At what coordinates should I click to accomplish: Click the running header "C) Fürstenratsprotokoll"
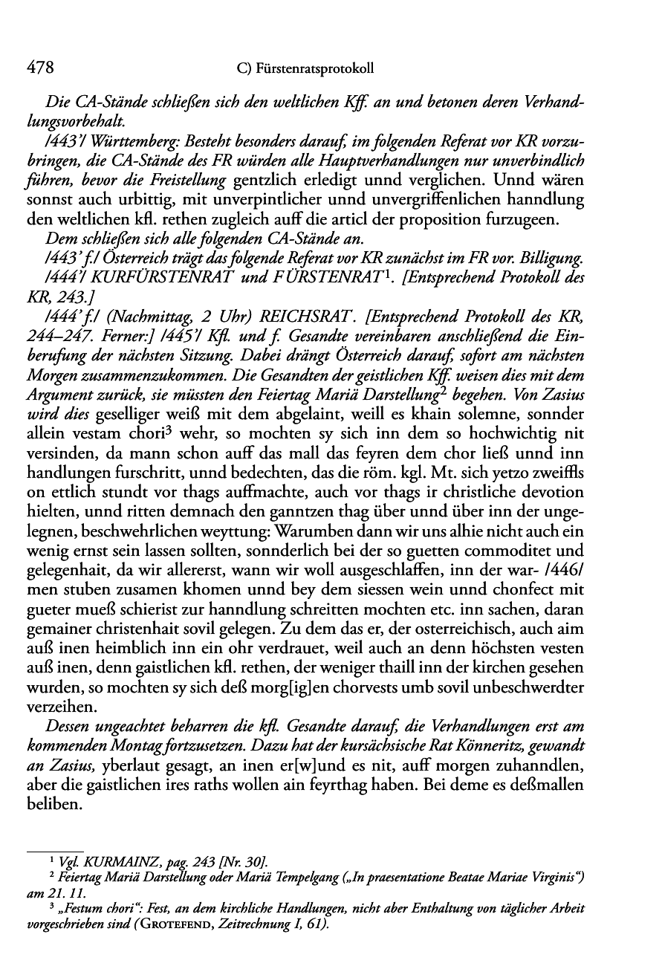tap(303, 70)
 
